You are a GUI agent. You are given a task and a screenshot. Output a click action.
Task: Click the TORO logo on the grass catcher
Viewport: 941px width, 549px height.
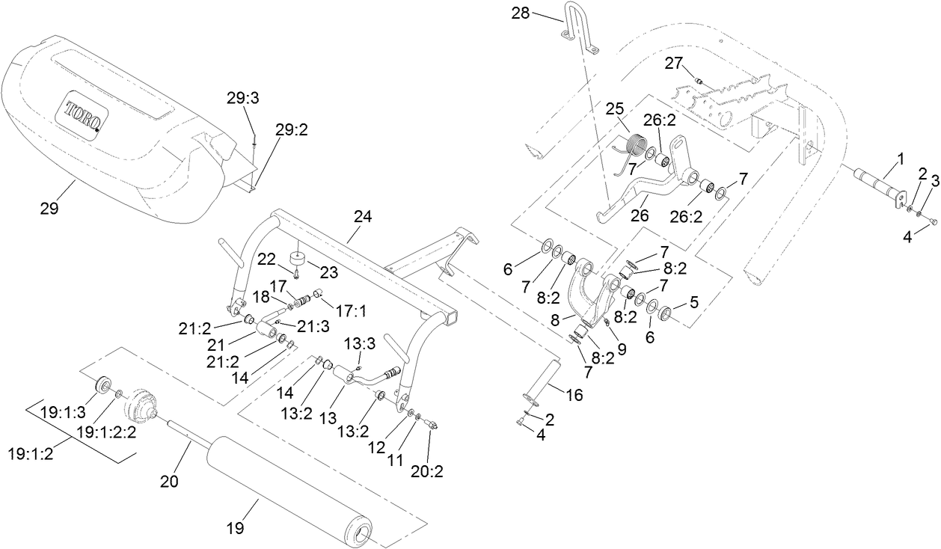tap(83, 117)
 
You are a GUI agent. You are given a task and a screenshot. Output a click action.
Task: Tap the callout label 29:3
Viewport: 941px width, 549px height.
tap(244, 98)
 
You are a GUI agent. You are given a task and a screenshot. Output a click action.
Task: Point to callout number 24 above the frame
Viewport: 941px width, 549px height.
tap(362, 217)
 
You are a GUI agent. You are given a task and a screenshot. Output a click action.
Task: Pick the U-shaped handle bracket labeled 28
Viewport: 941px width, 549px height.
tap(580, 27)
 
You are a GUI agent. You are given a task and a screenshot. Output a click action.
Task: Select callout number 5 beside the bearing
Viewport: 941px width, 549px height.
tap(694, 303)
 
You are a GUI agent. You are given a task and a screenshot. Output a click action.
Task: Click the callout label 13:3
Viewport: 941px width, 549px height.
tap(360, 343)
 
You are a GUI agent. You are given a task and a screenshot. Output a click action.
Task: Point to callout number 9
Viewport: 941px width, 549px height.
tap(622, 348)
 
